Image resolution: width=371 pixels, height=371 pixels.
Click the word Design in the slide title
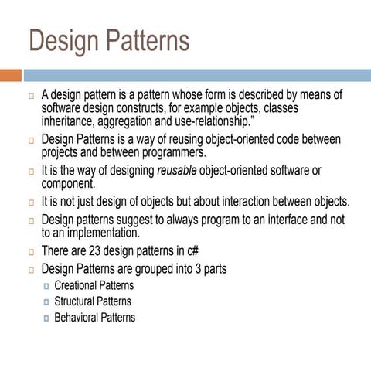tap(66, 42)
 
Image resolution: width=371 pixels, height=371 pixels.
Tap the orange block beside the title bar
tap(10, 76)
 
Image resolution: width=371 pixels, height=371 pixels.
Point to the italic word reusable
tap(179, 171)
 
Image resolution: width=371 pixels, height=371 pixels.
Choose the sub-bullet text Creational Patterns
tap(94, 285)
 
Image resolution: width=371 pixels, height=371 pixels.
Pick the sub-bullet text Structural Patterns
tap(92, 301)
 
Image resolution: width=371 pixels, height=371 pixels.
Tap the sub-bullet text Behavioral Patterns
tap(94, 318)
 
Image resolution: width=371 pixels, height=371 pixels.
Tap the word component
tap(68, 183)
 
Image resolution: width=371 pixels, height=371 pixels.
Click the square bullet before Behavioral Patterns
tap(46, 318)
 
